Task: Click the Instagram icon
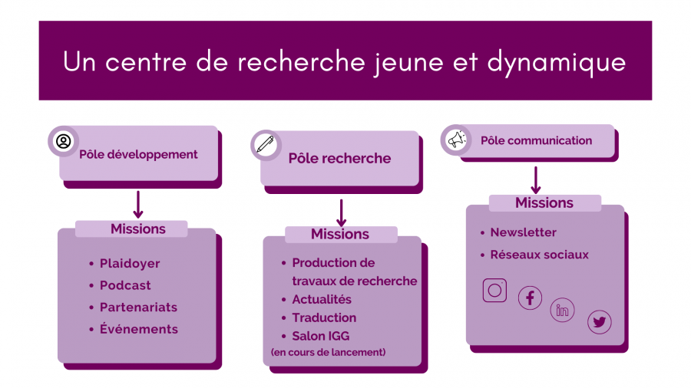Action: click(494, 291)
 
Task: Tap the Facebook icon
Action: click(530, 298)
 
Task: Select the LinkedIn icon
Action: click(562, 310)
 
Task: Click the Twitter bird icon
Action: click(600, 322)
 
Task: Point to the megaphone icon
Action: click(457, 140)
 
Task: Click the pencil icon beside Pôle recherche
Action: click(266, 144)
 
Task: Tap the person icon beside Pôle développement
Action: click(64, 141)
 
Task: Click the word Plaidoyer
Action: click(130, 264)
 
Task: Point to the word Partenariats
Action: click(138, 307)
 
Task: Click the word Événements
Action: click(139, 329)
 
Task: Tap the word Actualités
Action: click(322, 299)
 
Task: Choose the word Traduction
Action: click(324, 317)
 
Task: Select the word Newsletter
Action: click(523, 232)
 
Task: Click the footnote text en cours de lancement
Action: click(329, 352)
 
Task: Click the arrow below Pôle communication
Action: click(535, 180)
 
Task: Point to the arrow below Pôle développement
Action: click(138, 205)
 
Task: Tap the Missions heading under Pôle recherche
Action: click(340, 234)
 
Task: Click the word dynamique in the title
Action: click(557, 62)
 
